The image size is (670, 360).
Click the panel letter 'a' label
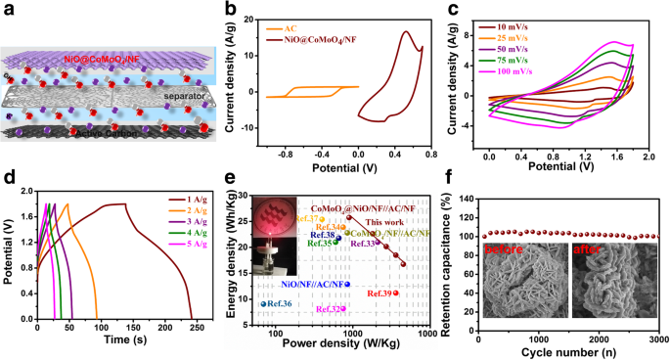(x=9, y=10)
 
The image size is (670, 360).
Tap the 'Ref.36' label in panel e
(x=277, y=304)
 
